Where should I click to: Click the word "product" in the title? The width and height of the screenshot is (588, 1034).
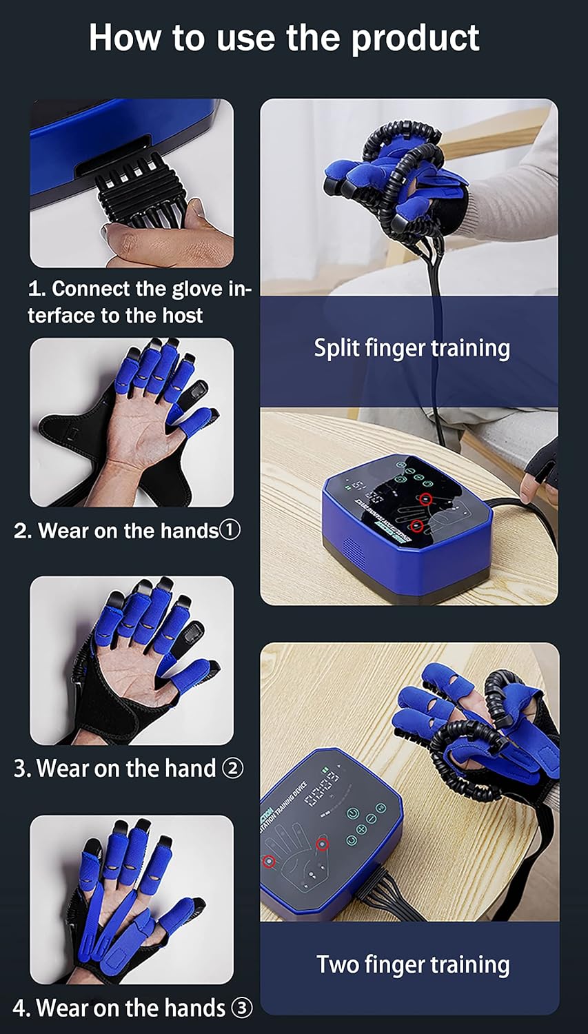(415, 38)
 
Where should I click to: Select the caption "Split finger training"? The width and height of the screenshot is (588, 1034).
(412, 348)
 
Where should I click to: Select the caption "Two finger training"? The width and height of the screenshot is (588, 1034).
(413, 964)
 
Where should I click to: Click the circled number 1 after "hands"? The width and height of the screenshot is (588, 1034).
(230, 530)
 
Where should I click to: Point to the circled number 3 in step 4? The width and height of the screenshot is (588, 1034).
(241, 1008)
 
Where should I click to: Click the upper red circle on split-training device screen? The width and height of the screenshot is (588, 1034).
(425, 498)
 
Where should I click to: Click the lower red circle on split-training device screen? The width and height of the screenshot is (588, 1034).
(416, 527)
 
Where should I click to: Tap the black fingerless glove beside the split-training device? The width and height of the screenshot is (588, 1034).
(542, 463)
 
